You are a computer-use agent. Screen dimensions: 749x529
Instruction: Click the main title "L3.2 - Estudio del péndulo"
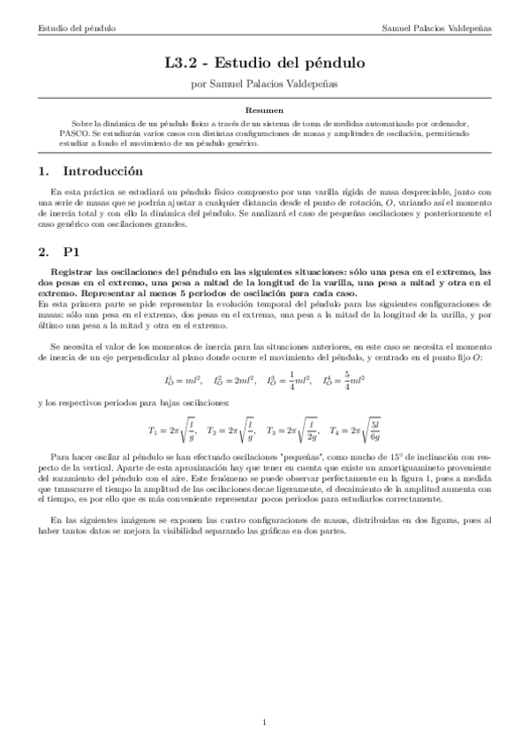click(x=264, y=64)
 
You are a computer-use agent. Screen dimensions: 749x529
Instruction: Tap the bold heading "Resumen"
click(x=264, y=110)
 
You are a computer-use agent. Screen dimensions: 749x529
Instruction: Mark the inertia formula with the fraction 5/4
click(x=344, y=382)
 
